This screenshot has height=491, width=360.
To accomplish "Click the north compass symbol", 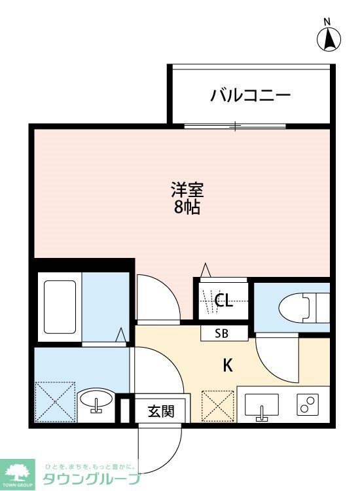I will point(329,39).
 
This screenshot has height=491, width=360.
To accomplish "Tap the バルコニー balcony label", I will point(251,96).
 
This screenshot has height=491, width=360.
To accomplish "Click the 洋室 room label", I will point(187,191).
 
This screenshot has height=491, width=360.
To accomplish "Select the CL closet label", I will point(224,300).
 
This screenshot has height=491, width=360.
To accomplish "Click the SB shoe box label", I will point(223,333).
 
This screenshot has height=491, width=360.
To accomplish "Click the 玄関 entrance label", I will point(160,412).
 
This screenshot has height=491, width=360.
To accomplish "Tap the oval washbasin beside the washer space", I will point(97,401).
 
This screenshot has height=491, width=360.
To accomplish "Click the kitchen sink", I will point(262,407).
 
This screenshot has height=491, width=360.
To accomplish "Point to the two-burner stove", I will point(307,405).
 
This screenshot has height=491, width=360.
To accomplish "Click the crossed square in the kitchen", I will point(218,406).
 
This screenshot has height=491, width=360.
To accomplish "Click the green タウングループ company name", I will point(92,479).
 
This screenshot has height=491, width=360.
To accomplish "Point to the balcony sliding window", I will point(236,125).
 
